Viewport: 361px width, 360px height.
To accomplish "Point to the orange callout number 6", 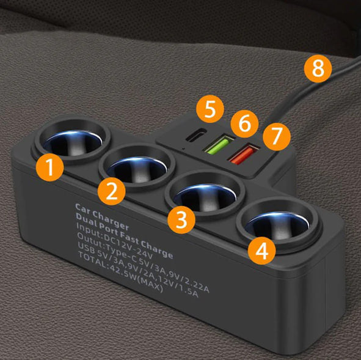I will click(x=244, y=123).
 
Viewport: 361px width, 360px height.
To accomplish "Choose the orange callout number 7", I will click(x=277, y=136).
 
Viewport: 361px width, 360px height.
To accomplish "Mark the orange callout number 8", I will click(x=318, y=68).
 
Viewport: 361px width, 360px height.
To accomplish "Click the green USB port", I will click(x=216, y=147).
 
